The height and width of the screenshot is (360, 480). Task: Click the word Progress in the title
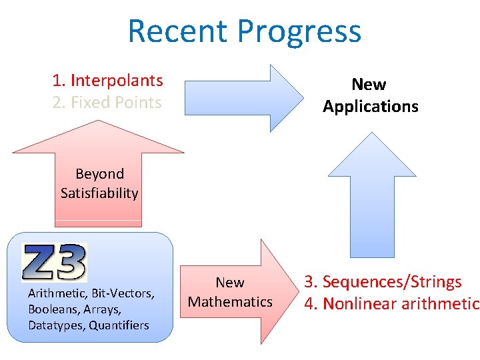299,31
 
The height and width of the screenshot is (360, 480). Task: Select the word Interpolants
117,81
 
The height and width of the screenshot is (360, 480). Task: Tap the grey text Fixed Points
116,103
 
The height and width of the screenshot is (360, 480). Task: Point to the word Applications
371,106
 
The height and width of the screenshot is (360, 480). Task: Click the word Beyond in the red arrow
99,174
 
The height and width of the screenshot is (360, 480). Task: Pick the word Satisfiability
99,193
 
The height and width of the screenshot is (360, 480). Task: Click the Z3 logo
54,262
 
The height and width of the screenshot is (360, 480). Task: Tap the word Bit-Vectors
123,293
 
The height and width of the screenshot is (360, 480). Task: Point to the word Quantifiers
120,325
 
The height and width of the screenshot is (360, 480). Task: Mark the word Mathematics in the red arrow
230,302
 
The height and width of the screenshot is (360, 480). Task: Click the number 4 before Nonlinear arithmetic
309,304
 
